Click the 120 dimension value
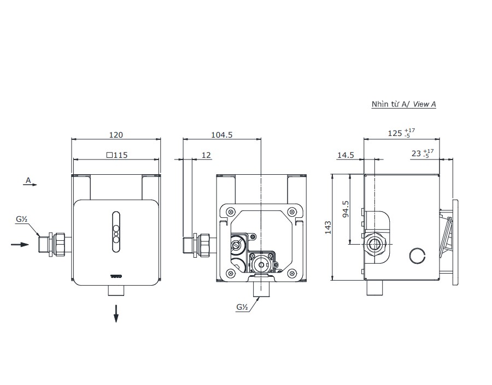[x=116, y=134]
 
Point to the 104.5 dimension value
[x=221, y=134]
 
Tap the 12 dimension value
[x=206, y=155]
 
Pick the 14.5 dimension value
[x=345, y=155]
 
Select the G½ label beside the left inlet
[x=22, y=220]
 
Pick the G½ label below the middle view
[x=243, y=307]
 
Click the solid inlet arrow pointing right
[x=20, y=244]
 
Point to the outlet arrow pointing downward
[x=116, y=313]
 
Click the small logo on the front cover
[x=116, y=276]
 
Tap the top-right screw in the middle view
[x=292, y=212]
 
